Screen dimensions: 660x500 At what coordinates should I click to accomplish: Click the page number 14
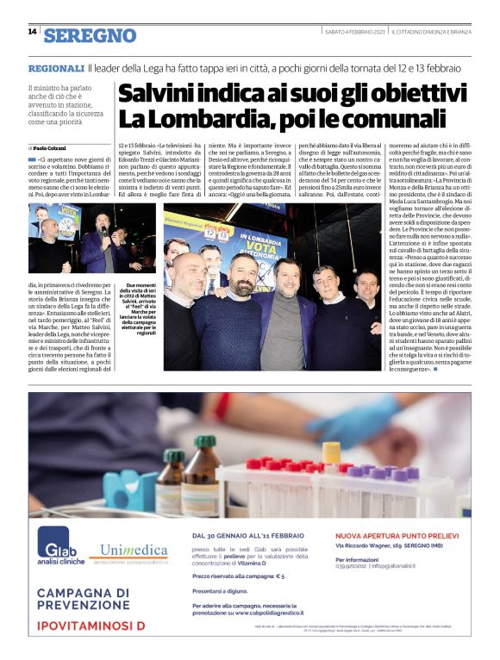pyautogui.click(x=32, y=32)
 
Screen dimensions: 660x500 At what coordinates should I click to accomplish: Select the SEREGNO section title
pyautogui.click(x=91, y=34)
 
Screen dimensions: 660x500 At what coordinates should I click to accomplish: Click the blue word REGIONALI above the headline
pyautogui.click(x=55, y=68)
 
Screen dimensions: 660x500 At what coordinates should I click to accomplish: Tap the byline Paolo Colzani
pyautogui.click(x=53, y=148)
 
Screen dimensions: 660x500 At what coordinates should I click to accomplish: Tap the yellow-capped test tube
pyautogui.click(x=332, y=454)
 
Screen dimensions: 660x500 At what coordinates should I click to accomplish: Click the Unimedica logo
pyautogui.click(x=134, y=552)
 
